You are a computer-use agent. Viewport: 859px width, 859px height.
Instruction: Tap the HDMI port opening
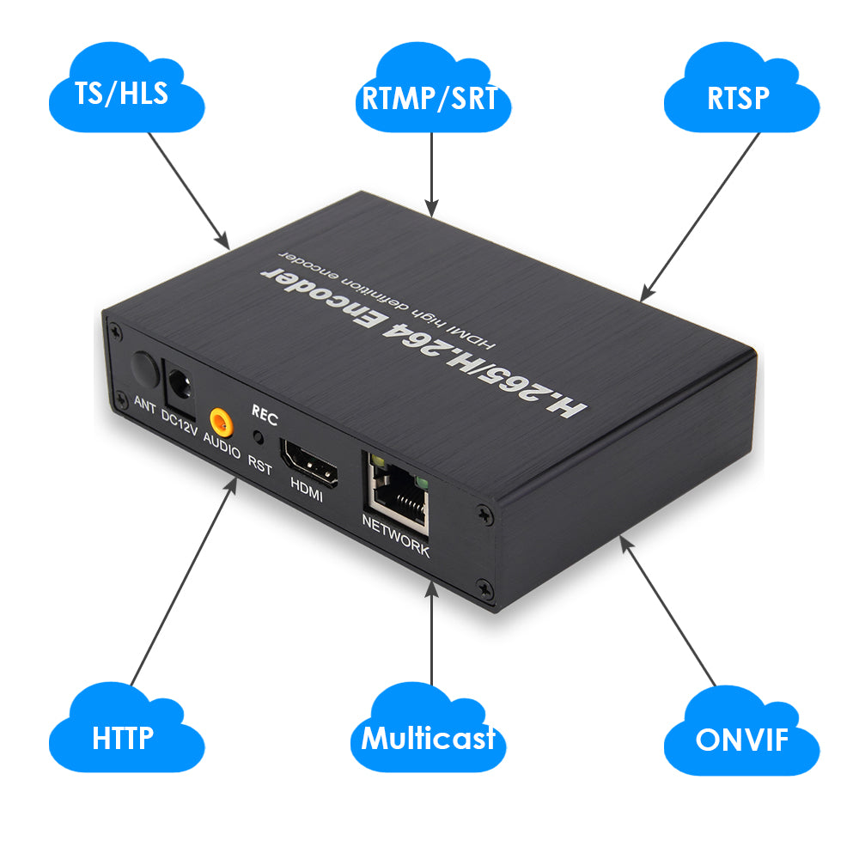pos(309,463)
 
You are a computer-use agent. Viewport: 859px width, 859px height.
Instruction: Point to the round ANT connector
pos(145,371)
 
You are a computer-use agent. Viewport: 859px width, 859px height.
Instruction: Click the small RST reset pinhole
pos(258,437)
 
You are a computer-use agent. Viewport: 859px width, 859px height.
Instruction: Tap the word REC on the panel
pos(265,415)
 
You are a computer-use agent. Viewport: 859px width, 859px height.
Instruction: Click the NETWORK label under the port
pos(395,537)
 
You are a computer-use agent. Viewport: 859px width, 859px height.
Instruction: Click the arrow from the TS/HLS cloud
pos(188,191)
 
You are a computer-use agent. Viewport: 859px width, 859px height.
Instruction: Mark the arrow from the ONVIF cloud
pos(667,610)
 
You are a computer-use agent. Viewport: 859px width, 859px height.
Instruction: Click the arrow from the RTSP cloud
pos(700,217)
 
